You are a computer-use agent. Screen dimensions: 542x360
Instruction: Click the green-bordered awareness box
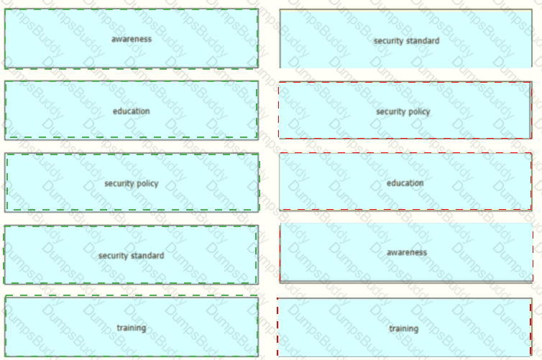pyautogui.click(x=132, y=39)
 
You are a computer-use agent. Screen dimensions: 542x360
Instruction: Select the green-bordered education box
pyautogui.click(x=132, y=111)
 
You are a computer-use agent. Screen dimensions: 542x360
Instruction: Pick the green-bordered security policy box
pyautogui.click(x=132, y=183)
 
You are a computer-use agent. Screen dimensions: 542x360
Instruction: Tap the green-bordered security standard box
pyautogui.click(x=131, y=255)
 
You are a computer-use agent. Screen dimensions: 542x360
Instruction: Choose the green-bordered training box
pyautogui.click(x=132, y=326)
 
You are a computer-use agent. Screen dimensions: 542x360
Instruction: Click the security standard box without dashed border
pyautogui.click(x=406, y=39)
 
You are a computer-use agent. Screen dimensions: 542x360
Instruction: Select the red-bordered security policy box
pyautogui.click(x=405, y=110)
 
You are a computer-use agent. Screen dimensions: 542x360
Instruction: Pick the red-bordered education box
pyautogui.click(x=405, y=181)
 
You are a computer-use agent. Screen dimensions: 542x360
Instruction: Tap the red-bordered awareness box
pyautogui.click(x=406, y=253)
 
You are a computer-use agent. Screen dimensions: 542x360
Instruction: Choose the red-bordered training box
pyautogui.click(x=405, y=327)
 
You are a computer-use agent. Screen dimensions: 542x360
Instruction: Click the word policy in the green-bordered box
pyautogui.click(x=150, y=184)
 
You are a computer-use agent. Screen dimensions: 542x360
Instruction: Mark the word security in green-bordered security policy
pyautogui.click(x=121, y=184)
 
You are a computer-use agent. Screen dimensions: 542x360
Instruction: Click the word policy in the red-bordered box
pyautogui.click(x=421, y=112)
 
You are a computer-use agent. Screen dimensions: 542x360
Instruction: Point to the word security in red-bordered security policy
pyautogui.click(x=392, y=112)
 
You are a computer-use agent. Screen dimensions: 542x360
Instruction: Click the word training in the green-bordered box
pyautogui.click(x=132, y=328)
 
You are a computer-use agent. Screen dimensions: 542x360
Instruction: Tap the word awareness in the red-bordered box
pyautogui.click(x=407, y=252)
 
